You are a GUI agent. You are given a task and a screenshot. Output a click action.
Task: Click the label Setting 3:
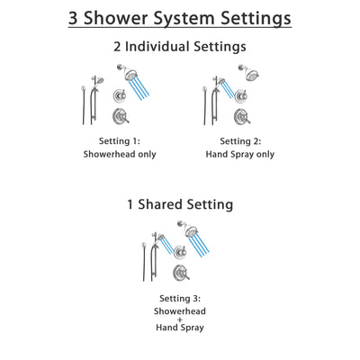(x=180, y=298)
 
